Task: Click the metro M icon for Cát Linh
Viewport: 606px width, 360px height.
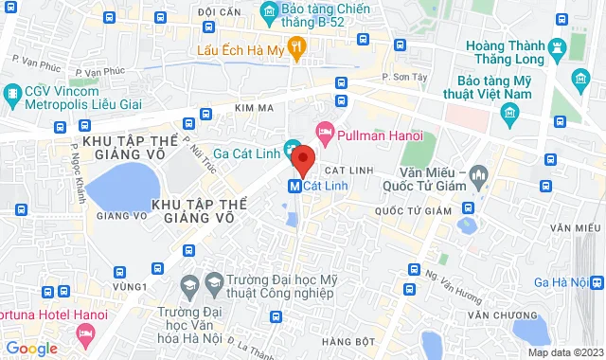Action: (294, 186)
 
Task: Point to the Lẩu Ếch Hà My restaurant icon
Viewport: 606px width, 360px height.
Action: (296, 46)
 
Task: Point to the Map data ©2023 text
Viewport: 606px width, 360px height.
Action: (564, 352)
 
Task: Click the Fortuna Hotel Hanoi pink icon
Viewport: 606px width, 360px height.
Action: (86, 333)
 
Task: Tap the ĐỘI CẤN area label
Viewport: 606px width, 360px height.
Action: (218, 11)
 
